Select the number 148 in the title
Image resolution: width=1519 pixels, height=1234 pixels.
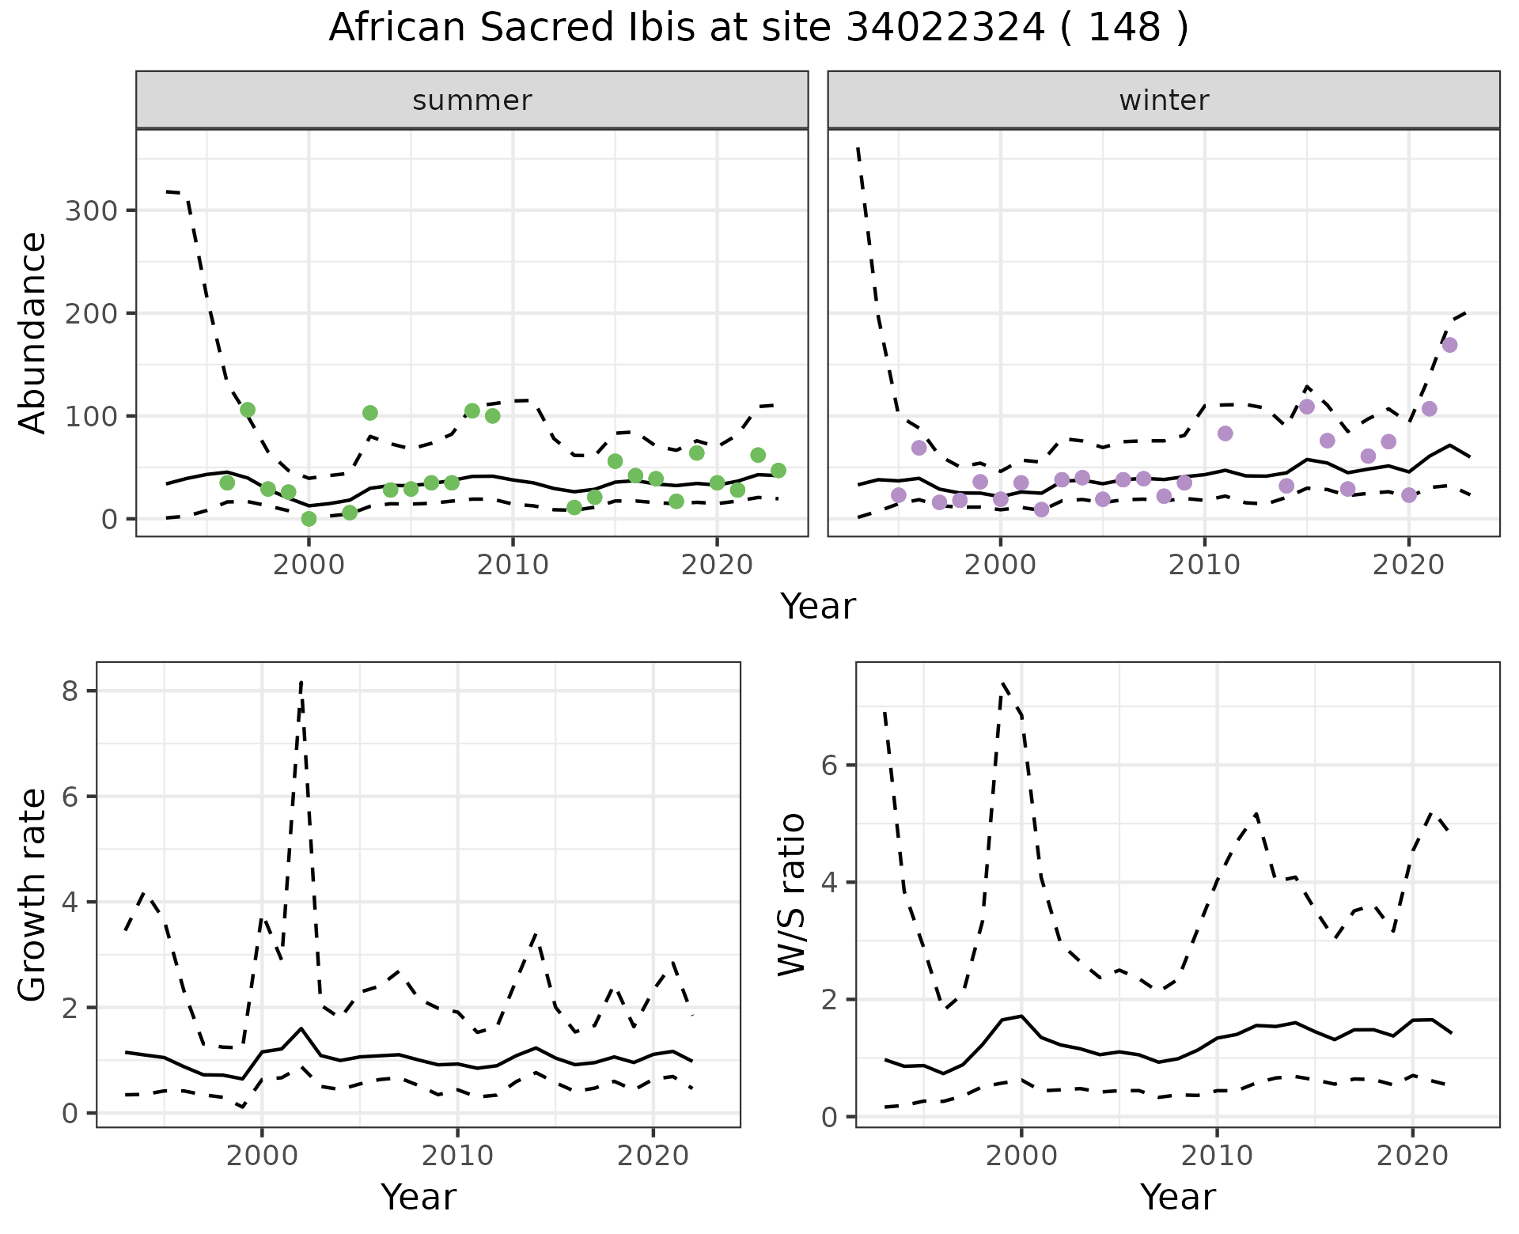[1124, 28]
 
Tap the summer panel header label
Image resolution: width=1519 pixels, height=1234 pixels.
[472, 100]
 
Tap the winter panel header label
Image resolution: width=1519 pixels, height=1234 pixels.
[1164, 100]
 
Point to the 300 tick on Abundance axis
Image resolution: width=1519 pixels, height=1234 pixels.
[90, 210]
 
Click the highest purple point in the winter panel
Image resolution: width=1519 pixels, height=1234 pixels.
[1449, 345]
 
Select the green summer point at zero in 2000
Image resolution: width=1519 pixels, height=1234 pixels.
[309, 519]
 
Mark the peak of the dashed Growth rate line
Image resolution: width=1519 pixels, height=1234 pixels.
[301, 682]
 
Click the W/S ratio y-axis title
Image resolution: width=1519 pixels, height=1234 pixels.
[791, 895]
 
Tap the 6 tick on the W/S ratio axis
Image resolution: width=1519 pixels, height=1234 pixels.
[829, 765]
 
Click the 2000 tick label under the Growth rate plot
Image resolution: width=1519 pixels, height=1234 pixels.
[262, 1156]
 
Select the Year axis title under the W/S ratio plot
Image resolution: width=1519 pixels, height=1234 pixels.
[1177, 1198]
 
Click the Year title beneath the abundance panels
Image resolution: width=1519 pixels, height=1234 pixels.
[818, 607]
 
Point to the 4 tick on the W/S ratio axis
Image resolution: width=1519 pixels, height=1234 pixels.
[829, 882]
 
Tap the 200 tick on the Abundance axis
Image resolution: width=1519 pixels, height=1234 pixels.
[90, 313]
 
